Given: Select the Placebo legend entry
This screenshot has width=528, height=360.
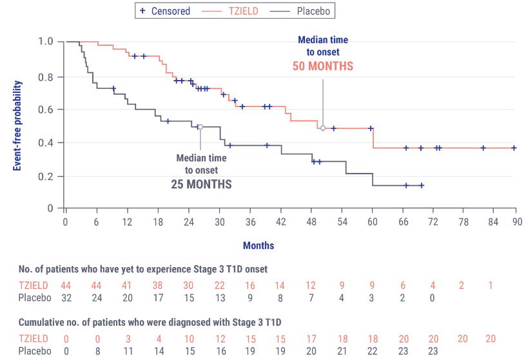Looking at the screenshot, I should [x=313, y=11].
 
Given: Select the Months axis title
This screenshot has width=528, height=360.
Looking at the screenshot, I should [x=259, y=245].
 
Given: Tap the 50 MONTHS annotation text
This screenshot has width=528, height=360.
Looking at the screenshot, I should [x=323, y=66].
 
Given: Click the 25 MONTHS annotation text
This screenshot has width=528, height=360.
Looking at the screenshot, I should [x=201, y=184].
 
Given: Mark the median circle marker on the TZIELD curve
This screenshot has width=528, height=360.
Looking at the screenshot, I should [x=323, y=128].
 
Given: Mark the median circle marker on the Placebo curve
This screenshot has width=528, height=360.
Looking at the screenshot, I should [x=200, y=127].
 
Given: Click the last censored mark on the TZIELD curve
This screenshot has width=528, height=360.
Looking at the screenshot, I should [x=514, y=148].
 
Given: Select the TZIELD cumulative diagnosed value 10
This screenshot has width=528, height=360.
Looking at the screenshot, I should [x=188, y=339].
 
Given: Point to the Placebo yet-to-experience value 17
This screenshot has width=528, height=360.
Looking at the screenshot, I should [x=158, y=298].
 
